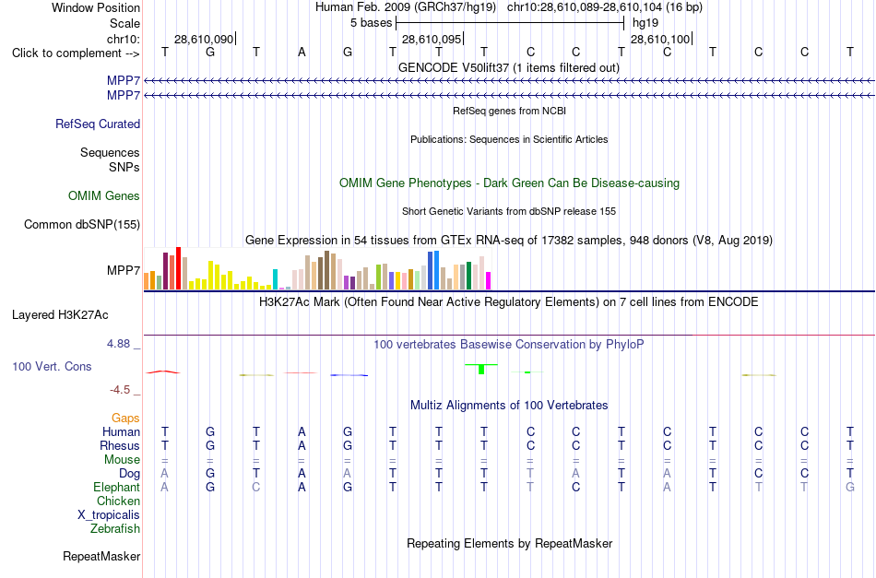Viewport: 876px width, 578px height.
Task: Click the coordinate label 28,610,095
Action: [432, 39]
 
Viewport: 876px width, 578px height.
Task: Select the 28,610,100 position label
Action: [660, 39]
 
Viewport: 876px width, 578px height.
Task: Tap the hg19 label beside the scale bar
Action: [645, 23]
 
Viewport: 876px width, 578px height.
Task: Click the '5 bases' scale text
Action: [371, 23]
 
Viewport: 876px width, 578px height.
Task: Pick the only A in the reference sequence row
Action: [302, 53]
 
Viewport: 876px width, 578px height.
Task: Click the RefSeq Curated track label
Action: [98, 124]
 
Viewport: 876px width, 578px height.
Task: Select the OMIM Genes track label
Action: [104, 196]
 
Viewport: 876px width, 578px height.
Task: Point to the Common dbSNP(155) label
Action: [82, 225]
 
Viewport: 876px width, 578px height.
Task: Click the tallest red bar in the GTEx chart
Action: [179, 268]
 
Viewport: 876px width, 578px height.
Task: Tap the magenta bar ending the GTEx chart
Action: [489, 280]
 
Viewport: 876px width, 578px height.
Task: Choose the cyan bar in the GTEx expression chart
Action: [276, 279]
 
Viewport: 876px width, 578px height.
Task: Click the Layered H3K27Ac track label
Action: [60, 315]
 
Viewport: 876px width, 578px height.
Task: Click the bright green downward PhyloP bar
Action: [481, 369]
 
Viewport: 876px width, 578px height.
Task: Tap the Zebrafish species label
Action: [115, 528]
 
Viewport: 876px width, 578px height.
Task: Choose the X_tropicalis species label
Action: [109, 515]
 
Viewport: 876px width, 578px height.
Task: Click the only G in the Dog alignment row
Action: [210, 474]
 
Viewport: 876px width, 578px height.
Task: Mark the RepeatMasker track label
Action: [101, 556]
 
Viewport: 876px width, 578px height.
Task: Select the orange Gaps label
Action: [125, 419]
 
